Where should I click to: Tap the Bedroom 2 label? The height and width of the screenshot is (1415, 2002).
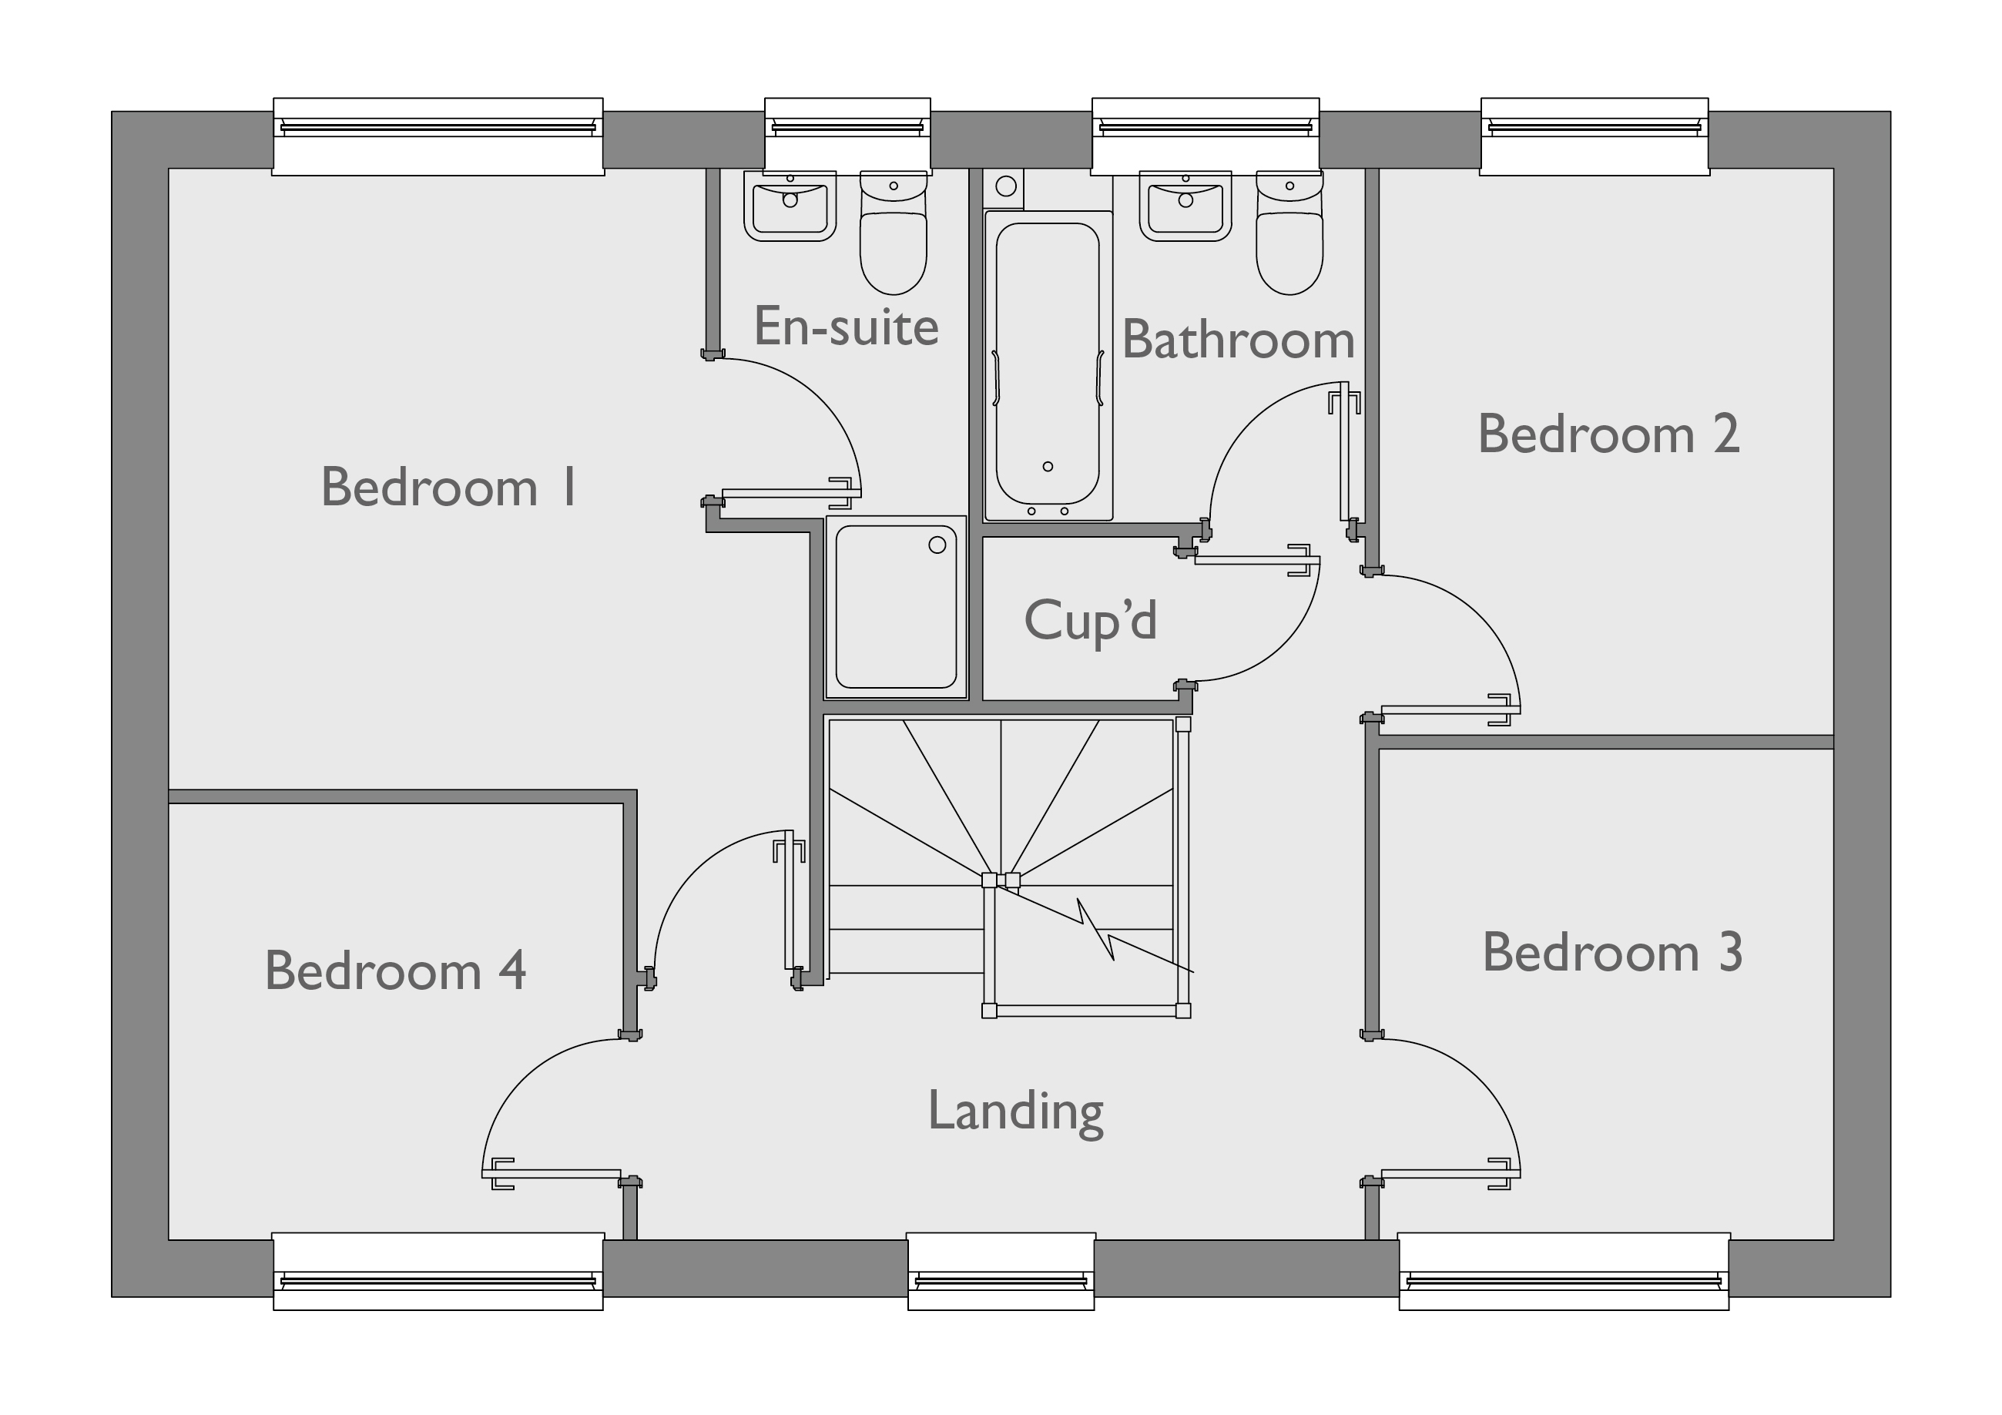click(x=1608, y=434)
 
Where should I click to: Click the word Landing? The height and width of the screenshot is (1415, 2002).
click(x=1015, y=1111)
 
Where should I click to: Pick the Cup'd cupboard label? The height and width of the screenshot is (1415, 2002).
click(x=1090, y=620)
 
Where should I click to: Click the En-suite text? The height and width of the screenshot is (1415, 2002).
click(x=846, y=326)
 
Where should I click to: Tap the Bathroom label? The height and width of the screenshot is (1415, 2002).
click(x=1237, y=339)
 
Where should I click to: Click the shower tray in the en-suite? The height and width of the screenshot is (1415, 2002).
click(x=896, y=607)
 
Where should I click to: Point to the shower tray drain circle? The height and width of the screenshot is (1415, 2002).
click(x=937, y=545)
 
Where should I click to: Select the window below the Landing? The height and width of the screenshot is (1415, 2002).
click(x=1001, y=1271)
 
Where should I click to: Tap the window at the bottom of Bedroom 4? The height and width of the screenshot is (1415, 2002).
click(x=438, y=1271)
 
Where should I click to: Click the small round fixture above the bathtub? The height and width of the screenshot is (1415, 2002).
click(x=1005, y=186)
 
